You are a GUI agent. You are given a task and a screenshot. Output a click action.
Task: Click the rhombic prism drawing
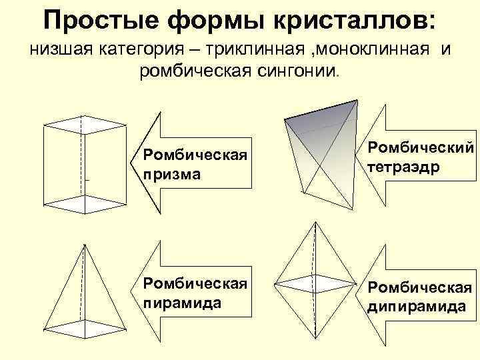pos(83,163)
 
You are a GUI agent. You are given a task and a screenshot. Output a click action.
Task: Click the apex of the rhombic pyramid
pos(83,245)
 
